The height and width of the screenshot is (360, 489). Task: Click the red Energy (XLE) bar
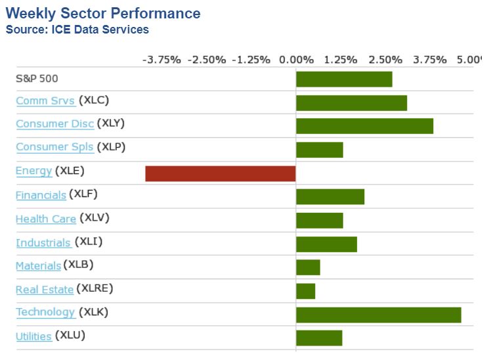click(221, 173)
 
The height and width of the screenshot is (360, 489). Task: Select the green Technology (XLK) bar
click(378, 315)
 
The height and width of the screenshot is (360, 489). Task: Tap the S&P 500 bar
click(344, 79)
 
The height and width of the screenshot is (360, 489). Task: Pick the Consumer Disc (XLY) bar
click(364, 126)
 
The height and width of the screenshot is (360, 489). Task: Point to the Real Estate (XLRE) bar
click(306, 291)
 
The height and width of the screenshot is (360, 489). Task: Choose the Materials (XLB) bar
click(308, 267)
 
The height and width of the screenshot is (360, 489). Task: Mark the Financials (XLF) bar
click(330, 196)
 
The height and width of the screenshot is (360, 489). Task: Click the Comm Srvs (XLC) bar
click(351, 102)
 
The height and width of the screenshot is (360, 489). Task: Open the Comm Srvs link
click(45, 101)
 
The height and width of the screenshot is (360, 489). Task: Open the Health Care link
click(45, 219)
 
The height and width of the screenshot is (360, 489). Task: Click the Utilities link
click(33, 336)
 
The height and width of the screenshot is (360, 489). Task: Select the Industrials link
click(43, 242)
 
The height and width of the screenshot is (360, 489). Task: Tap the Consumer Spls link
click(54, 147)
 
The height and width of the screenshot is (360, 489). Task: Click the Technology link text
click(45, 312)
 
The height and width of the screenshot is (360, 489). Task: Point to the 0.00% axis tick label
click(296, 60)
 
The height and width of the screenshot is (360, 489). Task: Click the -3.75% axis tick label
click(161, 60)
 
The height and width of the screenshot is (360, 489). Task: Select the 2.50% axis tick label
click(385, 60)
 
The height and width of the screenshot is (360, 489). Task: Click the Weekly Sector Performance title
click(103, 13)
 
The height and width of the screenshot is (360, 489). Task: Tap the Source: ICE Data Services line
click(77, 30)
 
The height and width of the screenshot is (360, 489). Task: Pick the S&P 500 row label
click(37, 79)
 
